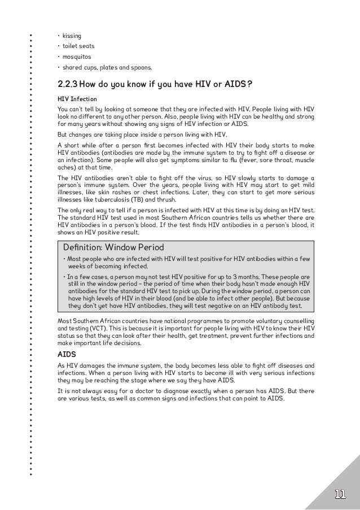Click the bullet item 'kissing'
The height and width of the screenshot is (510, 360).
[x=72, y=35]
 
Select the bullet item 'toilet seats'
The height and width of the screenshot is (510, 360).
[x=78, y=46]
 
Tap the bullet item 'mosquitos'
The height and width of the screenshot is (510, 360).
[x=77, y=58]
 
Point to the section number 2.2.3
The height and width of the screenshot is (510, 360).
[x=68, y=85]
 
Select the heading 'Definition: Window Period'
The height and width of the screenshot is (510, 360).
[x=113, y=247]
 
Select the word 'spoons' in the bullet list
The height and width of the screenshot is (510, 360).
[x=140, y=69]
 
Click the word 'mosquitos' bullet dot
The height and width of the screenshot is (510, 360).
[x=59, y=58]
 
